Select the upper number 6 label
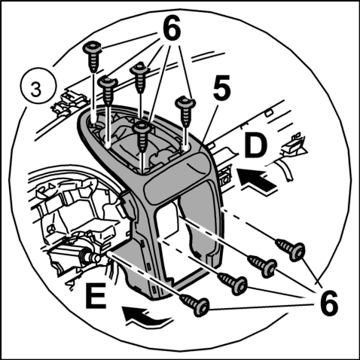click(x=171, y=29)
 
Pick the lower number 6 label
click(x=328, y=303)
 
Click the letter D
click(x=256, y=146)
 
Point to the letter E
click(x=96, y=296)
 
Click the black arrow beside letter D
click(x=258, y=180)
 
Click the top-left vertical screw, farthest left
click(x=92, y=56)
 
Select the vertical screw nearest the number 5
click(x=185, y=111)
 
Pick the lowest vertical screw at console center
click(x=142, y=136)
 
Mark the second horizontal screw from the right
click(x=262, y=266)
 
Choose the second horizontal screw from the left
click(x=232, y=284)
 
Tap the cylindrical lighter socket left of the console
click(x=90, y=257)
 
